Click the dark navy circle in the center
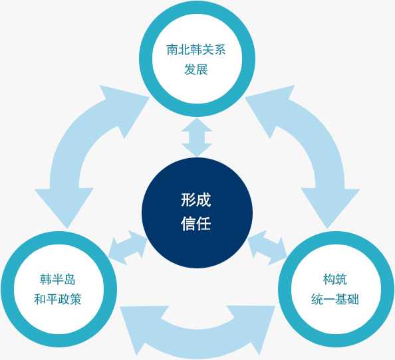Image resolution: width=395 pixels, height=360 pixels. [x=197, y=213]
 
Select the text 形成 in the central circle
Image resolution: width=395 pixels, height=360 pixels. [x=196, y=200]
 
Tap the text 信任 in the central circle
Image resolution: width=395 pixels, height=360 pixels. [x=196, y=224]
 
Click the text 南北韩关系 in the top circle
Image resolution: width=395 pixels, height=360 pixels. [x=196, y=50]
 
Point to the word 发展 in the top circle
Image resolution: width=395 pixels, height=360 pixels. [x=196, y=69]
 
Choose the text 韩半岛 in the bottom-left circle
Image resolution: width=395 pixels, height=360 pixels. [x=58, y=279]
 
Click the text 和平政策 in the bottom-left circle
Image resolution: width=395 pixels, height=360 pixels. [x=58, y=299]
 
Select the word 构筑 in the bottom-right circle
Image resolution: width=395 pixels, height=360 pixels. [x=335, y=279]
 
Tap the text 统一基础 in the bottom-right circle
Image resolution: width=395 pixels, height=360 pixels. [x=335, y=299]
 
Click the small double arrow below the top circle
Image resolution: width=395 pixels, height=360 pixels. [x=197, y=137]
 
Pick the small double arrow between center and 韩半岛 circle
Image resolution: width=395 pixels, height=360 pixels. [x=128, y=248]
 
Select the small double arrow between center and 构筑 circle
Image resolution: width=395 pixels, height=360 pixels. [x=267, y=248]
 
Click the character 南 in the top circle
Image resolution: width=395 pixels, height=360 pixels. [x=172, y=50]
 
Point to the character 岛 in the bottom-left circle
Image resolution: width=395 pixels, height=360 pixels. [x=70, y=279]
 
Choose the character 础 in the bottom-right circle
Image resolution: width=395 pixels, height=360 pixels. [x=353, y=299]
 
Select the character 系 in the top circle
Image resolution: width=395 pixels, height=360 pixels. [x=220, y=50]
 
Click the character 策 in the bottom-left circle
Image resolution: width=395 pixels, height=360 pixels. [x=76, y=299]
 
